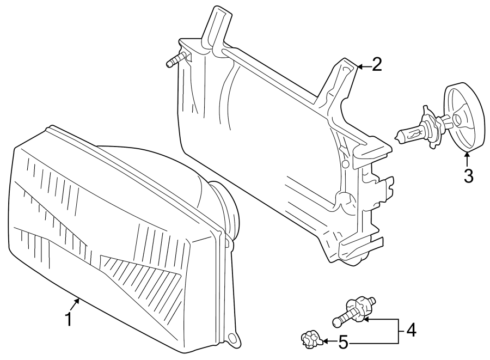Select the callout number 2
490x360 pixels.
(x=376, y=65)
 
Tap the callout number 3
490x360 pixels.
(x=468, y=176)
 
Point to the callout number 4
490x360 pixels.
(x=411, y=330)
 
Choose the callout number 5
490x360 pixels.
(x=343, y=343)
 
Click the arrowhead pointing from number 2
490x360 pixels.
(x=359, y=66)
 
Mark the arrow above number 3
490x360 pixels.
(x=467, y=159)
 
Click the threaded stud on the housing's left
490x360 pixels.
(x=176, y=59)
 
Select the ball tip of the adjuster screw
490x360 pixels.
(x=336, y=322)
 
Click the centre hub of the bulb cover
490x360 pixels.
(x=457, y=119)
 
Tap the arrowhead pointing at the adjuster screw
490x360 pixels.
(x=367, y=320)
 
